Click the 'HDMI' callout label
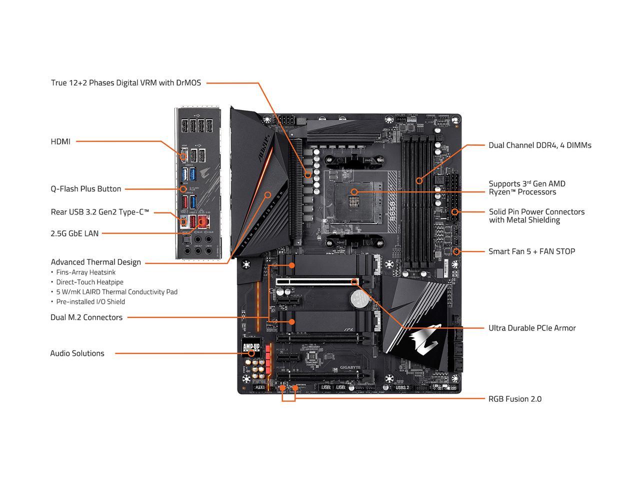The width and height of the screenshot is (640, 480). tap(60, 141)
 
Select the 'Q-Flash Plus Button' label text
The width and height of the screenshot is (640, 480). tap(85, 189)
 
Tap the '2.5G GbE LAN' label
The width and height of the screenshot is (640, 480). tap(74, 233)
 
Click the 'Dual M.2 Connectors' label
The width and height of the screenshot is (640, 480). tap(86, 317)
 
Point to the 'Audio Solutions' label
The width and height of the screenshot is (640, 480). tap(77, 353)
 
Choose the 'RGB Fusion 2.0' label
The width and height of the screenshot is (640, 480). tap(514, 399)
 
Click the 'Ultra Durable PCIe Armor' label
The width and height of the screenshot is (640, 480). tap(532, 328)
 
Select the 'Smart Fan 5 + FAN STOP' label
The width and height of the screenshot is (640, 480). tap(531, 251)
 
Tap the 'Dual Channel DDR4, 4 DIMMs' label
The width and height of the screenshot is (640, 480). tap(539, 145)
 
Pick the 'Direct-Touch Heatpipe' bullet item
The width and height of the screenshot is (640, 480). tap(89, 282)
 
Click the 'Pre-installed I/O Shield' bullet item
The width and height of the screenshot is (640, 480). tap(90, 301)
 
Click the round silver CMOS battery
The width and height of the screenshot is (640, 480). tap(358, 299)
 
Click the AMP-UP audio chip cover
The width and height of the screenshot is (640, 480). tap(250, 347)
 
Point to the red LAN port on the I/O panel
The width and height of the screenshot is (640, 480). tap(203, 220)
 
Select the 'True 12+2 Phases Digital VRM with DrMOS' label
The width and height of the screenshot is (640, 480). tap(126, 82)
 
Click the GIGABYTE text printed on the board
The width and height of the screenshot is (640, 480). tap(350, 368)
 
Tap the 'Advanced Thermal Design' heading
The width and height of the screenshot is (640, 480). tap(95, 262)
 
